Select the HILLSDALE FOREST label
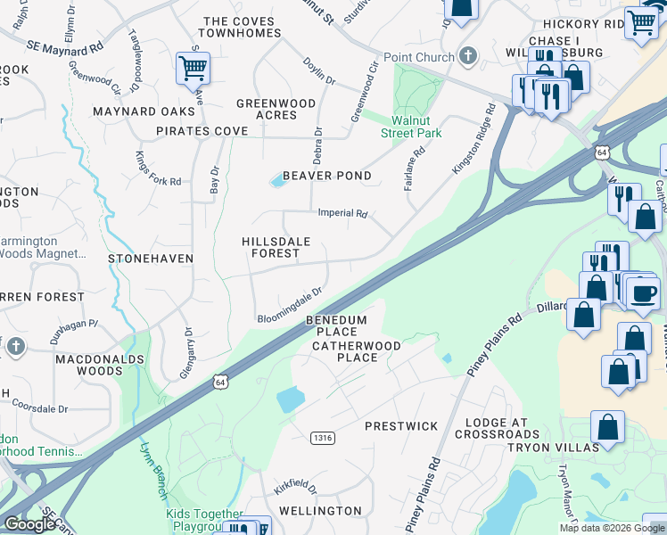(271, 247)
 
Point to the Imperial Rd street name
(343, 214)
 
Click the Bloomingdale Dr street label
(288, 307)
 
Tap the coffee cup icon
(643, 294)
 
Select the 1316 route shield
(323, 438)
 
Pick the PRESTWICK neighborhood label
(399, 426)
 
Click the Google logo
(29, 524)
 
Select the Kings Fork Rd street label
(158, 169)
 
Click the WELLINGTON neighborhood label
(320, 511)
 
